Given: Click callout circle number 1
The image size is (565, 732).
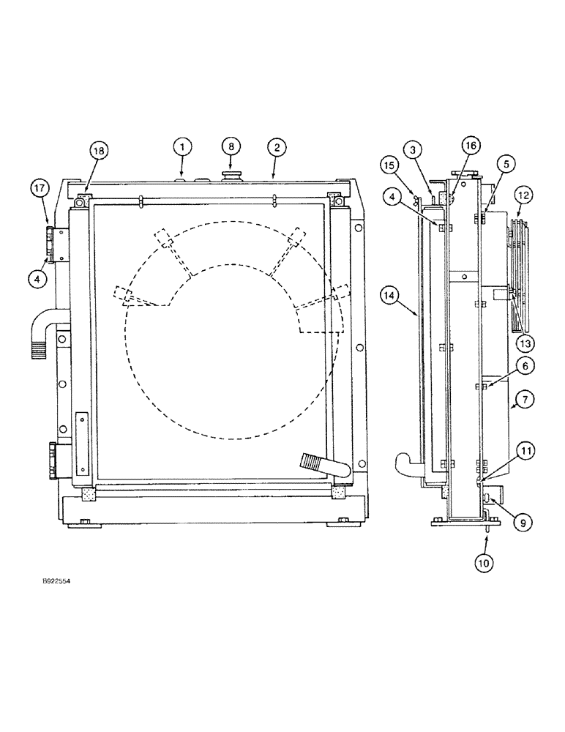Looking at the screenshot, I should pyautogui.click(x=183, y=147).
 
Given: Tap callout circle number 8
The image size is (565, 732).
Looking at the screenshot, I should pyautogui.click(x=231, y=147).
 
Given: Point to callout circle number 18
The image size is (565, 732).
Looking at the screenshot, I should pyautogui.click(x=98, y=151).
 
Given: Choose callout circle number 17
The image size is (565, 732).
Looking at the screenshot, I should pyautogui.click(x=40, y=189).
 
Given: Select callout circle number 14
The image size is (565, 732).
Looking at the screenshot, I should pyautogui.click(x=390, y=295).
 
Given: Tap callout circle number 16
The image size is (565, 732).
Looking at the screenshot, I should pyautogui.click(x=471, y=146).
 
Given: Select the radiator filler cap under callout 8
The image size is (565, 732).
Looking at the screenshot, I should pyautogui.click(x=232, y=176).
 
